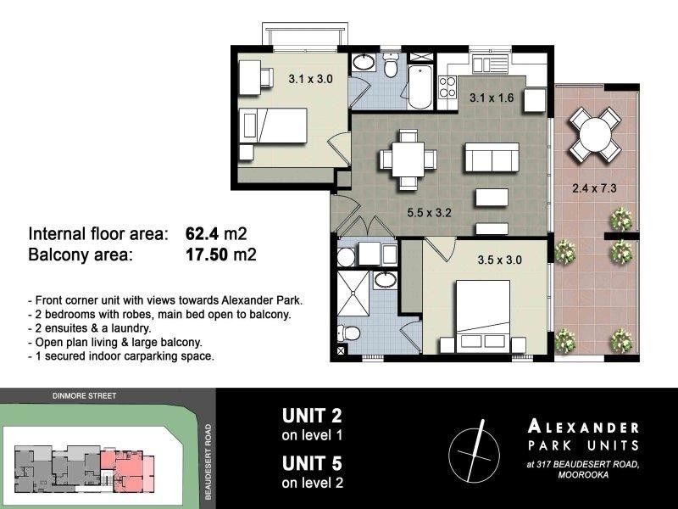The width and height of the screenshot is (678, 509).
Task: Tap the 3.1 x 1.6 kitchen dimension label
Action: (492, 98)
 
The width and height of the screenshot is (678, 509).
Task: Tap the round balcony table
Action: (593, 134)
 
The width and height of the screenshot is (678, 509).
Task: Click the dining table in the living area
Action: (408, 159)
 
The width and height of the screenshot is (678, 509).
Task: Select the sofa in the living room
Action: (491, 159)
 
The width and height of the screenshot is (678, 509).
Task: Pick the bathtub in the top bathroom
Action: (420, 87)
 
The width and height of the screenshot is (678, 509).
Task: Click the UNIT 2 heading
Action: (312, 416)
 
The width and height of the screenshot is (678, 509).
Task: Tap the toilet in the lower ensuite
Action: (347, 333)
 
